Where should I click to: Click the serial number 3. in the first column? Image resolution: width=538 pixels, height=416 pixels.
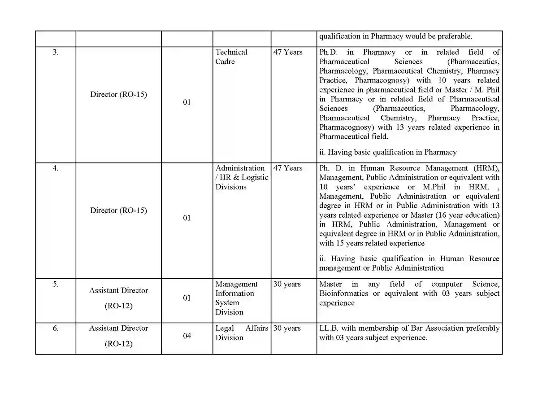pos(56,52)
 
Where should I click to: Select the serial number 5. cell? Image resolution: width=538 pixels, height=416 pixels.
pos(56,284)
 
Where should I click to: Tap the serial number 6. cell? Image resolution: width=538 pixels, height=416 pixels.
pos(56,328)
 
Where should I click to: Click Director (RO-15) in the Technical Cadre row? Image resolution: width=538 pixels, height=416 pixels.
pos(118,95)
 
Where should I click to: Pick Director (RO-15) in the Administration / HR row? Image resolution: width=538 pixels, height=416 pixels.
pos(118,210)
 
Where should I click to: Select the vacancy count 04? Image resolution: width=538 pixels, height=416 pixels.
pos(187,336)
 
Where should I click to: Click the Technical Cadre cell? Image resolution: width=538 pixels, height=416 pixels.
pos(231,57)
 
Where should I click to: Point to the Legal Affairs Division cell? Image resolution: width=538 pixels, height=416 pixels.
pos(242,333)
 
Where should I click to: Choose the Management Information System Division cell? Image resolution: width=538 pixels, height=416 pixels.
pos(236,298)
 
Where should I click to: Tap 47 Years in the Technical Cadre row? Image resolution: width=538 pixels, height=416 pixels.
pos(288,52)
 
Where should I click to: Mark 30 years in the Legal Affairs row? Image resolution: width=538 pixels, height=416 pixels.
pos(287,328)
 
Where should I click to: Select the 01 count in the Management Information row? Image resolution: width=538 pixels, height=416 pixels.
pos(187,298)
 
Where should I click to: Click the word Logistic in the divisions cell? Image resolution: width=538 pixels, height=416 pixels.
pos(255,177)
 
